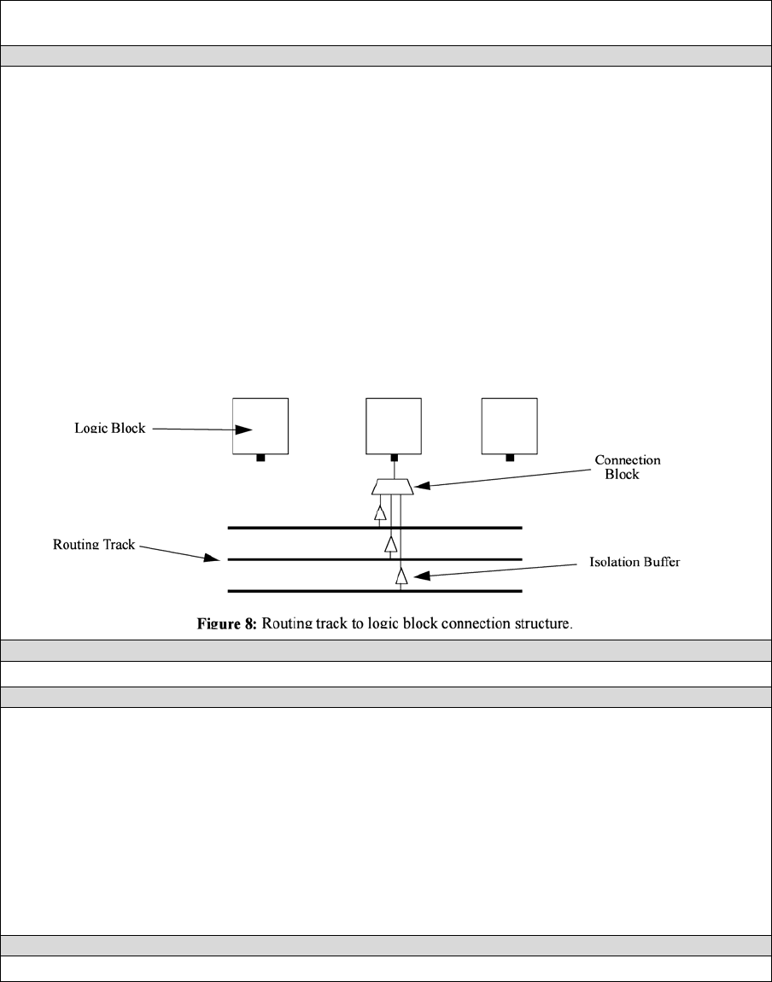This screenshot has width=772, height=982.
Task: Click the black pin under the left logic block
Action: pos(260,458)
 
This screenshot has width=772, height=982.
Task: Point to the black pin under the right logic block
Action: pos(510,458)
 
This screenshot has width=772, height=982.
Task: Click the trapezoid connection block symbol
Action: pos(393,487)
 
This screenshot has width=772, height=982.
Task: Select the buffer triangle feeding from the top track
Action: pos(380,512)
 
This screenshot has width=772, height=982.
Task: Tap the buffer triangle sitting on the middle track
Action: pos(390,544)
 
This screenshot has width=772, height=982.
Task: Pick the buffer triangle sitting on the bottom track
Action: pos(401,576)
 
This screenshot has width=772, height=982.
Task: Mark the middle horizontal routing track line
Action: pos(299,559)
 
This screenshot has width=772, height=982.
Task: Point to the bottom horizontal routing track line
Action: pos(299,591)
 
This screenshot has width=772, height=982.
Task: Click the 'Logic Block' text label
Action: pos(109,429)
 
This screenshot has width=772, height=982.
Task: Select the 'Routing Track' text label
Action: pos(94,544)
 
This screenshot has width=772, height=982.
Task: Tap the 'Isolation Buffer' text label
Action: pos(635,564)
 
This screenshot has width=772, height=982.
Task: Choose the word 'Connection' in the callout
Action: pos(628,460)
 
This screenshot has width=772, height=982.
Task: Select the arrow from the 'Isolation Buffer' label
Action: pos(495,572)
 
